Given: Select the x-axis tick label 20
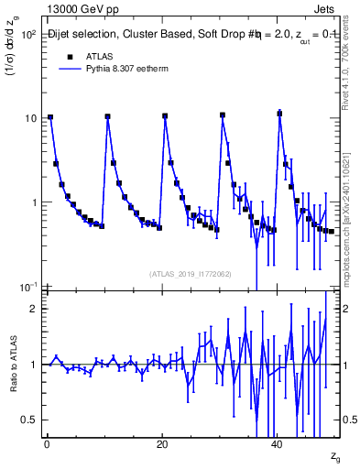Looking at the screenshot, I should (x=161, y=445).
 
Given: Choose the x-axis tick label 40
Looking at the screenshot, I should (x=277, y=445).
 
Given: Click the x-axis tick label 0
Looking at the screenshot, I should (x=46, y=445).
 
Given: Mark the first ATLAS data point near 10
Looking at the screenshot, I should (x=49, y=117).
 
